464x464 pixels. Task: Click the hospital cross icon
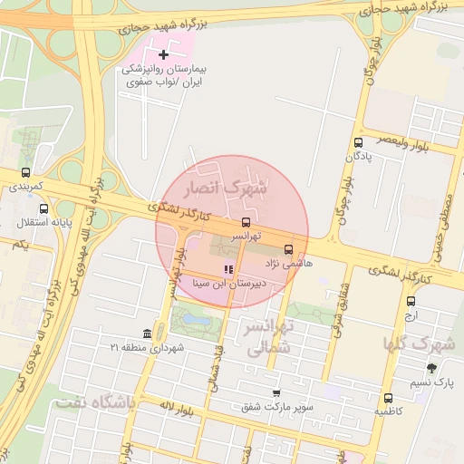click(x=163, y=56)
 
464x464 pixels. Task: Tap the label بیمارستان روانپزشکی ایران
click(x=165, y=75)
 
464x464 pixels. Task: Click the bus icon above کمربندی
click(x=25, y=172)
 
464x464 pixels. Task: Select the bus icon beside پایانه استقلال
click(x=44, y=208)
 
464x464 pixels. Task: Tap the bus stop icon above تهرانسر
click(x=246, y=222)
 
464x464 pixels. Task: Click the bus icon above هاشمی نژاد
click(x=288, y=249)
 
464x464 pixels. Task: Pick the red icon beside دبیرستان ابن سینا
click(x=228, y=269)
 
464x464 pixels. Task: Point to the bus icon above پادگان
click(x=359, y=142)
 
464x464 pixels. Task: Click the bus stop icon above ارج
click(x=411, y=301)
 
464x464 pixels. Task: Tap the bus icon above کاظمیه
click(x=388, y=398)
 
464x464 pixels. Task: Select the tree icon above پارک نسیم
click(x=430, y=368)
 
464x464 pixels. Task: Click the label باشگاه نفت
click(x=94, y=403)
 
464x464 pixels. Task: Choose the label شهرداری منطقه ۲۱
click(x=147, y=347)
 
